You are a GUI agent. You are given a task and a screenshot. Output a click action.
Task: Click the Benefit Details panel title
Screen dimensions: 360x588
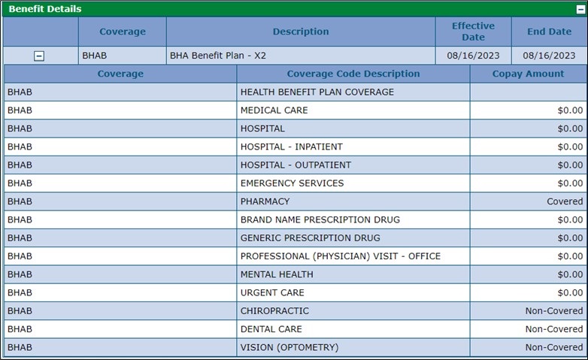point(45,9)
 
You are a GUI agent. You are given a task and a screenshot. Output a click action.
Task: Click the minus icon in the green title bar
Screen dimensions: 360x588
point(580,9)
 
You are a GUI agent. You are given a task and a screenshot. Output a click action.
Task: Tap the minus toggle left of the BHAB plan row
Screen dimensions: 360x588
point(39,56)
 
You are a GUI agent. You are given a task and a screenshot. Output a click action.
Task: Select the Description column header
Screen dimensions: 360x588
point(300,32)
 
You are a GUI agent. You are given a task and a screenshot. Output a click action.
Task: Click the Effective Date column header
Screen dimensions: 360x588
point(473,32)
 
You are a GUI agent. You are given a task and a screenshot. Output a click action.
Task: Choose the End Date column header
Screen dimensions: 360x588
point(549,32)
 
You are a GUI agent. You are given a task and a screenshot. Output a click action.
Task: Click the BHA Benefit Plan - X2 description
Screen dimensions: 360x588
point(218,56)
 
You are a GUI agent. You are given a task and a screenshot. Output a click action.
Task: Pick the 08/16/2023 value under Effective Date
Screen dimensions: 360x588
point(473,56)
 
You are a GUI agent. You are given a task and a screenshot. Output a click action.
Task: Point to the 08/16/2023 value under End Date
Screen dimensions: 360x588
point(549,56)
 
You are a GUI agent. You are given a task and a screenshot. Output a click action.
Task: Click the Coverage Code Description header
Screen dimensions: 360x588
point(353,74)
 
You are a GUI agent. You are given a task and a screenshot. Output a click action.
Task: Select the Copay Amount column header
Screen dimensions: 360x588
point(528,74)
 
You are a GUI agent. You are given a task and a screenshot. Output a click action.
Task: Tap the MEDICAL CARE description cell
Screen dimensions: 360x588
point(274,110)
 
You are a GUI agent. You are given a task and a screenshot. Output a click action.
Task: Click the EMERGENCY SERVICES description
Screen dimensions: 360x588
point(292,183)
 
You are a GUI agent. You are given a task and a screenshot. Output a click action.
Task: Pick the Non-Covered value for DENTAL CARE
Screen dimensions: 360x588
point(553,329)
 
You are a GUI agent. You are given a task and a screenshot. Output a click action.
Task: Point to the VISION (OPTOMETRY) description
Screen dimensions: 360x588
point(289,347)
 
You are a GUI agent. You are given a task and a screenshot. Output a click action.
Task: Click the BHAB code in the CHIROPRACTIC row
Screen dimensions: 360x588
point(20,311)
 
